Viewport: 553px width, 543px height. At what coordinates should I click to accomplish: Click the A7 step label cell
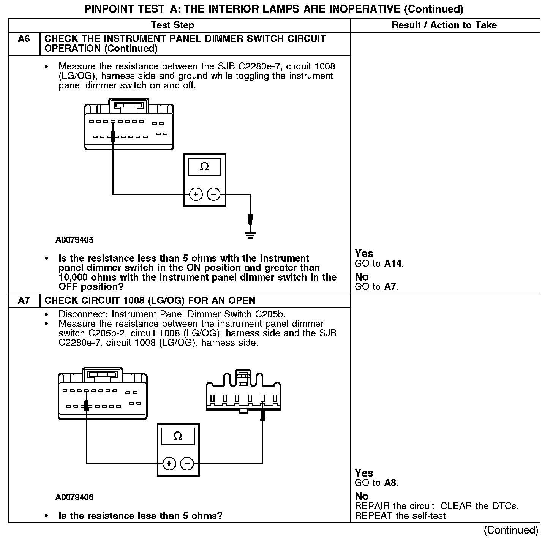(24, 301)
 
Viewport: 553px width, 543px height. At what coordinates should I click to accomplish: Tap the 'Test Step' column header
(172, 25)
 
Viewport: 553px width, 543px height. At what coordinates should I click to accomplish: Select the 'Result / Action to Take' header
(444, 25)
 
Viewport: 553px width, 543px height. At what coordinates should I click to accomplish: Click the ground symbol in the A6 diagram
(250, 235)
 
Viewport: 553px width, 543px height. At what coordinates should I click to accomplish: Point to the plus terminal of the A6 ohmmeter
(196, 194)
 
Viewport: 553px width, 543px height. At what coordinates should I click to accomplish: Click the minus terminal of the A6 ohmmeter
(213, 194)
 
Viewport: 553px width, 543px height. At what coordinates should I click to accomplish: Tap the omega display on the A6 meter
(204, 167)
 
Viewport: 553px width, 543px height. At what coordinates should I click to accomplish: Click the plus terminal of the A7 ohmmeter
(169, 464)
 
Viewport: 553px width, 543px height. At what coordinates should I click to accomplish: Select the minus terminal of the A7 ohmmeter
(186, 464)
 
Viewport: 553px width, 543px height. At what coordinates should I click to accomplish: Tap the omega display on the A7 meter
(178, 436)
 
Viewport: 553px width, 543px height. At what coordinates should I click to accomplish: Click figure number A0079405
(74, 240)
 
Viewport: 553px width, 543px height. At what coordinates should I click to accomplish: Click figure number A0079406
(74, 497)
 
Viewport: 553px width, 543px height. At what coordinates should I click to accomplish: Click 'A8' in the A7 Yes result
(390, 483)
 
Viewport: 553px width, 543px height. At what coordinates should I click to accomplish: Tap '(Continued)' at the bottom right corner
(511, 530)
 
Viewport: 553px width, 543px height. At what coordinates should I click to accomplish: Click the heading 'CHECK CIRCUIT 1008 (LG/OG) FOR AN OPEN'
(150, 301)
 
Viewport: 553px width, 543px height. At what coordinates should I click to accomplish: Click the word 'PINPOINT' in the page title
(106, 9)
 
